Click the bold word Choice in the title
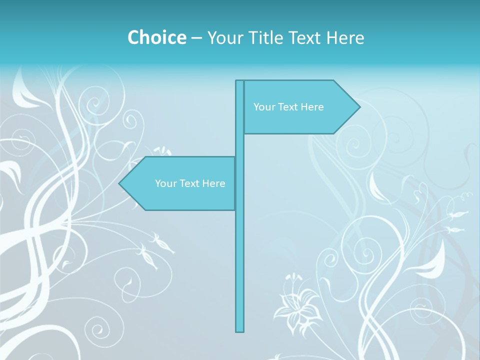coord(156,37)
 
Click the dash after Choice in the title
coord(196,38)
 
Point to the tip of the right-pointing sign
coord(359,107)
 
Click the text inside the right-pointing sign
coord(288,107)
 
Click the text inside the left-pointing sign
coord(190,183)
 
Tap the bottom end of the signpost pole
coord(240,330)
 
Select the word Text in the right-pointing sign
coord(288,107)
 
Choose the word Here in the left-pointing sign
coord(213,183)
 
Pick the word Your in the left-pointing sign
coord(165,183)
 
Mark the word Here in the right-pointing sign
coord(312,107)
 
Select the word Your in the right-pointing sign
coord(263,107)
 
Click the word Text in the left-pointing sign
coord(190,183)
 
